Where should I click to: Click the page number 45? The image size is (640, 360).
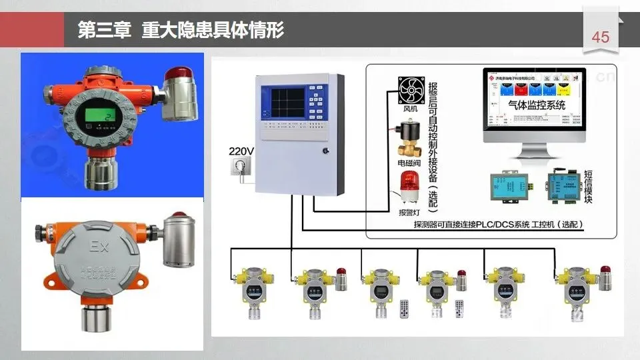click(600, 37)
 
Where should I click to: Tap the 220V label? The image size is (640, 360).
click(241, 151)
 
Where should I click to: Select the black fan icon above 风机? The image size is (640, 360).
click(411, 90)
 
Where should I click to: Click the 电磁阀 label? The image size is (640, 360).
click(408, 162)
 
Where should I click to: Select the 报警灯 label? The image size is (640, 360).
click(409, 213)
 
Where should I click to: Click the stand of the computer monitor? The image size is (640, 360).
click(542, 152)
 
